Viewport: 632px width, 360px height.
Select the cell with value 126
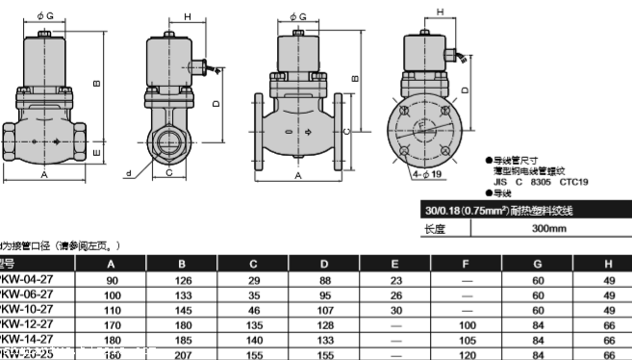(181, 280)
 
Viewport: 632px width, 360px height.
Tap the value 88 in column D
(324, 280)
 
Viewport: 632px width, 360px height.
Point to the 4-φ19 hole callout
(425, 175)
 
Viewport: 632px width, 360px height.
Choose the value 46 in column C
(254, 311)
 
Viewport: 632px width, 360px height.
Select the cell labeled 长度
(438, 228)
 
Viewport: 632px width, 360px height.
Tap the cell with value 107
(324, 311)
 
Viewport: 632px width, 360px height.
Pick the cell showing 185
(181, 341)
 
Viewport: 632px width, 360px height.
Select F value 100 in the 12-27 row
(468, 325)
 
